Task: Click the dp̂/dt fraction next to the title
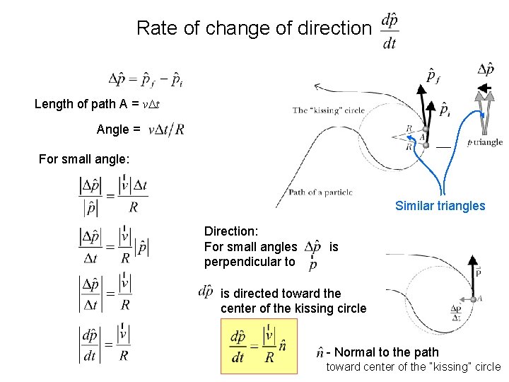[x=389, y=30]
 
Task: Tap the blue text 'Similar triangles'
[x=440, y=206]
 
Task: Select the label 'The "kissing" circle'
[x=328, y=110]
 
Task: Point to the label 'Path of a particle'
[x=320, y=192]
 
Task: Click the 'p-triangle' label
[x=486, y=142]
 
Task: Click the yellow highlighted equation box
[x=259, y=346]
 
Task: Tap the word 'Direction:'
[x=231, y=231]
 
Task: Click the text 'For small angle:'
[x=84, y=159]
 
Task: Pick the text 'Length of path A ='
[x=85, y=104]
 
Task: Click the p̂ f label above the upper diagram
[x=433, y=75]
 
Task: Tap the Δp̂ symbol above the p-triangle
[x=486, y=69]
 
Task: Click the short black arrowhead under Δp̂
[x=485, y=88]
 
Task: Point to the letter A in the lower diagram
[x=480, y=299]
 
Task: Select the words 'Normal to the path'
[x=386, y=352]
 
